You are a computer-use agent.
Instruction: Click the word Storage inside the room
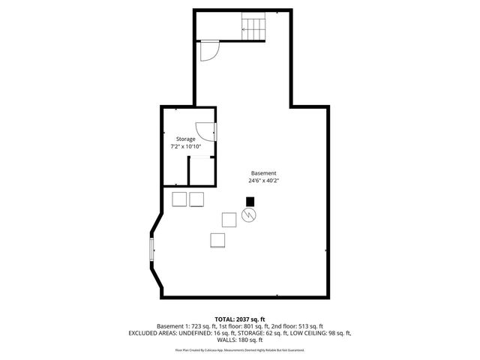click(x=186, y=139)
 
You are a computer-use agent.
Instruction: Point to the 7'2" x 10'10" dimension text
click(x=186, y=147)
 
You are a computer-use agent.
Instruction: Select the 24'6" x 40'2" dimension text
click(x=264, y=181)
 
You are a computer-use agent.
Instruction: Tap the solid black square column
click(x=250, y=201)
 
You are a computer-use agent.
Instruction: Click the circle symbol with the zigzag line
click(x=249, y=215)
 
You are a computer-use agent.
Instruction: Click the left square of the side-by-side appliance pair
click(x=180, y=199)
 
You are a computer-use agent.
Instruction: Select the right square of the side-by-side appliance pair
click(x=196, y=199)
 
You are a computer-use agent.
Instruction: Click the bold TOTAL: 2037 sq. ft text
click(x=241, y=319)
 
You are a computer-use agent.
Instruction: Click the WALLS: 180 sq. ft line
click(x=241, y=340)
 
